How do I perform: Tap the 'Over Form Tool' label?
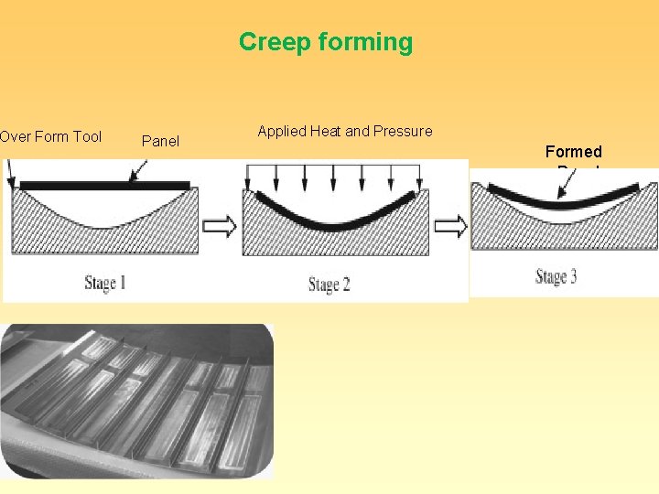[50, 137]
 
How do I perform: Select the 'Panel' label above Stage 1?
[160, 141]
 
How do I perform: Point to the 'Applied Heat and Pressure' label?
[344, 131]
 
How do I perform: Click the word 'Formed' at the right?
[573, 152]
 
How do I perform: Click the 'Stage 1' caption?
[104, 282]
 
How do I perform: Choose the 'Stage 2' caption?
[329, 285]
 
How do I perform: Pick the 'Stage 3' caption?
[556, 276]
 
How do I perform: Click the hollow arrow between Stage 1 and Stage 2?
[221, 225]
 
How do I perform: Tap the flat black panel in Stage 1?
[104, 186]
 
